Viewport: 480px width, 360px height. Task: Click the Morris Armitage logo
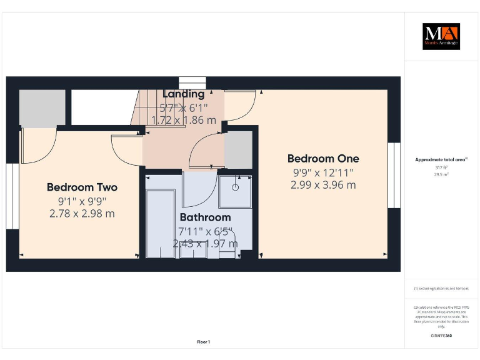(441, 36)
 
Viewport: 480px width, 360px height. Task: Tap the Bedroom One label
(323, 159)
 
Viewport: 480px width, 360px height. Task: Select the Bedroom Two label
(82, 187)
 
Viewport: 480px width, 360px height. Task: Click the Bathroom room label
(205, 217)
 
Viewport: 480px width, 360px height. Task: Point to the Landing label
(183, 94)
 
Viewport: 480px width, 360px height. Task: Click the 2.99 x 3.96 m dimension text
(323, 185)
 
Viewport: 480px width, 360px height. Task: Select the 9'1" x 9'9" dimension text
(82, 201)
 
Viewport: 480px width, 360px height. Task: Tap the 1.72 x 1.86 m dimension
(184, 119)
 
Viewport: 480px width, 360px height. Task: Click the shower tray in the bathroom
(236, 191)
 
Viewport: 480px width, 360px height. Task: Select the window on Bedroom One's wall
(394, 175)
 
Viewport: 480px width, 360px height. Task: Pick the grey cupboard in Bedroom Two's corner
(42, 108)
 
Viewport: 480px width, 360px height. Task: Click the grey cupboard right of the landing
(238, 150)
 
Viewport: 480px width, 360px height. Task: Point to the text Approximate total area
(441, 159)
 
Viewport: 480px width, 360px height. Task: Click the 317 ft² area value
(441, 167)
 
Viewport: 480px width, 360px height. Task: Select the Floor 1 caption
(203, 342)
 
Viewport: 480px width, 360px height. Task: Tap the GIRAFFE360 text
(441, 336)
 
